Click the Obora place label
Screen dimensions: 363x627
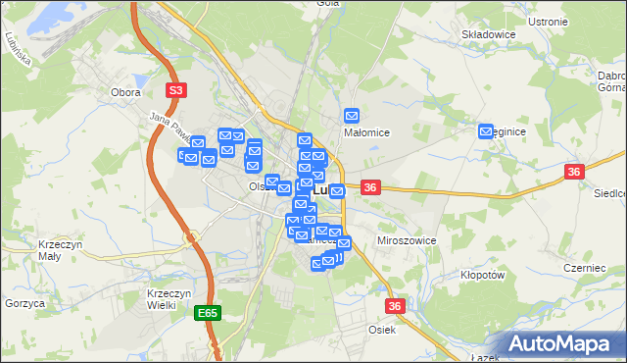click(x=125, y=92)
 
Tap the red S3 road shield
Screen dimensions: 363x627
click(x=175, y=91)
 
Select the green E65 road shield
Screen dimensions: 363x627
click(x=207, y=313)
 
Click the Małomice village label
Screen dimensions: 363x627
click(x=367, y=132)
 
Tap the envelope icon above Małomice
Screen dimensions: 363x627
click(x=352, y=115)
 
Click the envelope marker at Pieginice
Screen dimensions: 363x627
click(x=486, y=130)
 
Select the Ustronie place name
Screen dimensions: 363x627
click(x=548, y=21)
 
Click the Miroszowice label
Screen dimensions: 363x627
click(x=407, y=240)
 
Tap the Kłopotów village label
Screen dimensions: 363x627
click(x=482, y=277)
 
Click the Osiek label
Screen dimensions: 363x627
click(x=382, y=330)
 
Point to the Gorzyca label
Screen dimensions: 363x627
click(x=24, y=304)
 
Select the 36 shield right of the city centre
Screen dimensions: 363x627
click(x=370, y=186)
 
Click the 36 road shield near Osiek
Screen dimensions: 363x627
click(x=395, y=306)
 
